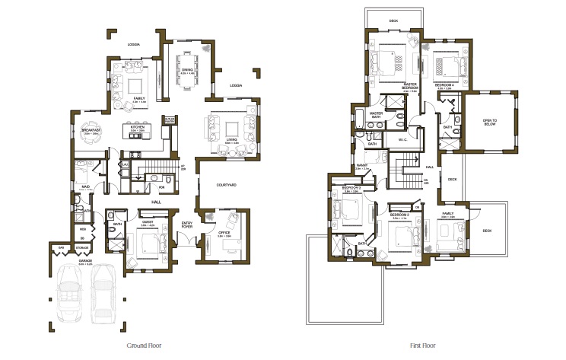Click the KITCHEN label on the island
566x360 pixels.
tap(138, 129)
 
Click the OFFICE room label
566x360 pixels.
tap(224, 234)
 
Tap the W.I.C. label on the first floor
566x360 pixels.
tap(405, 140)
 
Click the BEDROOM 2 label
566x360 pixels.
tap(400, 215)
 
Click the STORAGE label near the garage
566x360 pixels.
tap(81, 248)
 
